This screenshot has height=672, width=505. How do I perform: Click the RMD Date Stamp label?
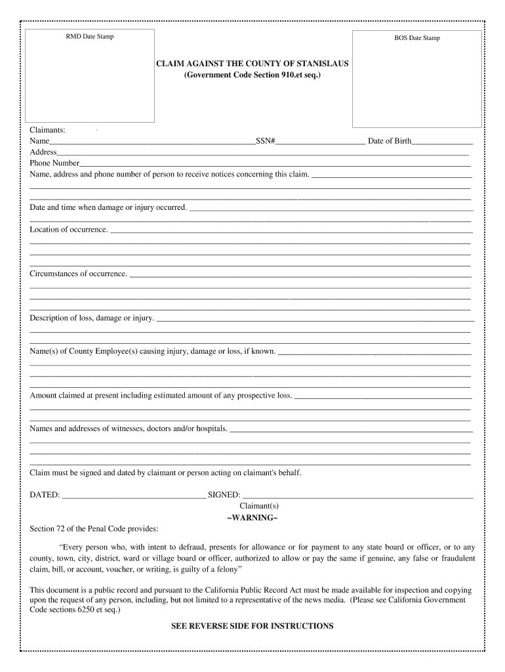(x=89, y=37)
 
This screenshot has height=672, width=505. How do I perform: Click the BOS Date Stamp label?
(x=417, y=38)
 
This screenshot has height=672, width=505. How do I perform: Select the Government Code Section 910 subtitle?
(x=253, y=76)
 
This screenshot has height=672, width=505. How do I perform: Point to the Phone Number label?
(x=54, y=163)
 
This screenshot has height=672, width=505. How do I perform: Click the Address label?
(x=43, y=152)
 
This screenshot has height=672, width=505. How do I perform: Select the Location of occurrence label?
(x=69, y=230)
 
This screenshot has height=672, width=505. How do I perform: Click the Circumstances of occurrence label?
(x=79, y=274)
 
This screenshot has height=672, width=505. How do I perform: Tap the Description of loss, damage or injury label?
(x=92, y=318)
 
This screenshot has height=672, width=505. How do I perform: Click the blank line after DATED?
(x=133, y=495)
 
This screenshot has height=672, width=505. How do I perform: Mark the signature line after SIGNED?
(x=357, y=495)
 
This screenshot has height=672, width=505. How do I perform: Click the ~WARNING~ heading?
(x=252, y=518)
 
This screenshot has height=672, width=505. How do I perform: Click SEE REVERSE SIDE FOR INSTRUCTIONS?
(x=253, y=626)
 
